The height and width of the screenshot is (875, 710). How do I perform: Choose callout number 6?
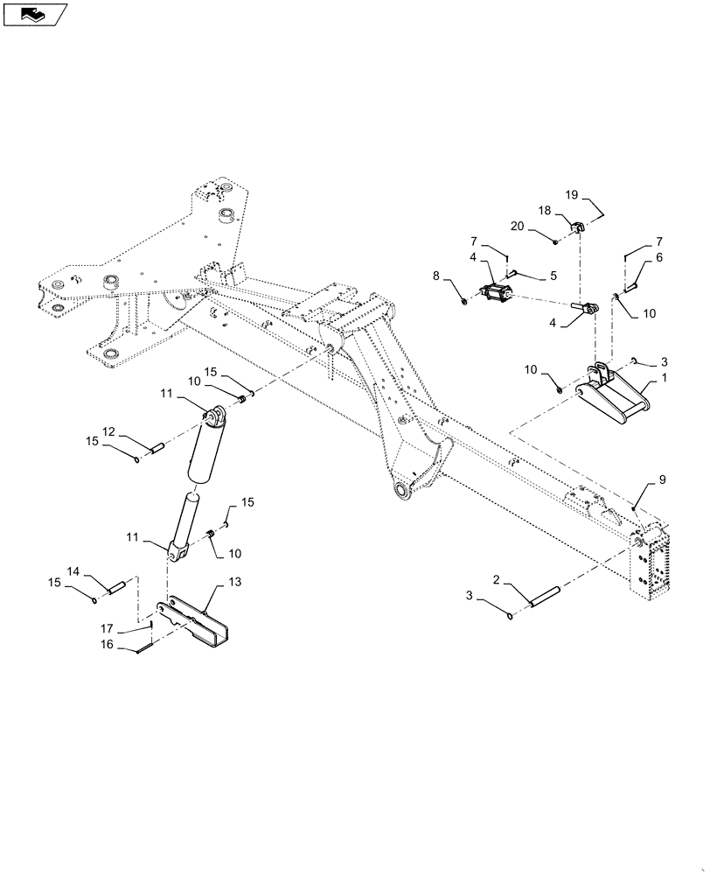click(x=658, y=258)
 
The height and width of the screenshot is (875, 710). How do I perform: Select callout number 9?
click(x=662, y=479)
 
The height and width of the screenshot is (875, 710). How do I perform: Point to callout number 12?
click(x=108, y=432)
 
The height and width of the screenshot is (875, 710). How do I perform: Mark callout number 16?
click(x=106, y=644)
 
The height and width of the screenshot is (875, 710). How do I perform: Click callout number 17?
click(x=106, y=627)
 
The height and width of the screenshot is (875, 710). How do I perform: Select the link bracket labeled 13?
click(x=198, y=620)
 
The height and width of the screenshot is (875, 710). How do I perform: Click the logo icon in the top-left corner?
click(x=35, y=14)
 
